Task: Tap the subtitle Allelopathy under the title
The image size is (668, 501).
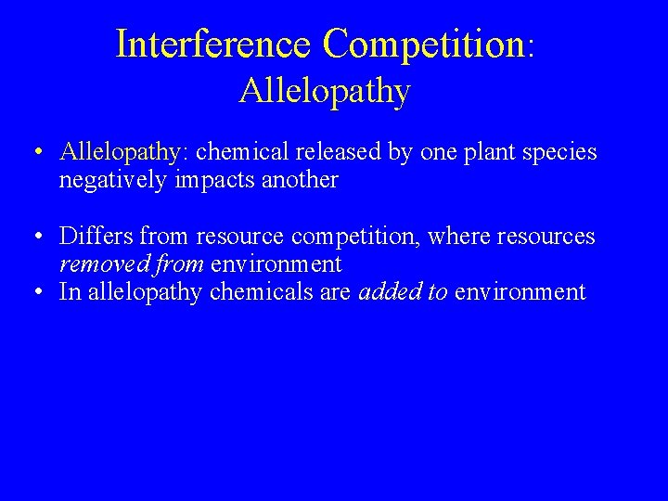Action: click(x=324, y=91)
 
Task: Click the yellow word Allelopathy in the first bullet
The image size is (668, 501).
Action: click(x=119, y=152)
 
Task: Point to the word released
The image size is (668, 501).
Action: click(x=326, y=152)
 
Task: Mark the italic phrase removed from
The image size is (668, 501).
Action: click(x=132, y=264)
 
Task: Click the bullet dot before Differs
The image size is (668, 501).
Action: click(x=33, y=238)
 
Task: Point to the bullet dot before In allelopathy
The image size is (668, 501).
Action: click(x=33, y=292)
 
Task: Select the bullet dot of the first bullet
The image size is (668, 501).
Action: click(x=33, y=152)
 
